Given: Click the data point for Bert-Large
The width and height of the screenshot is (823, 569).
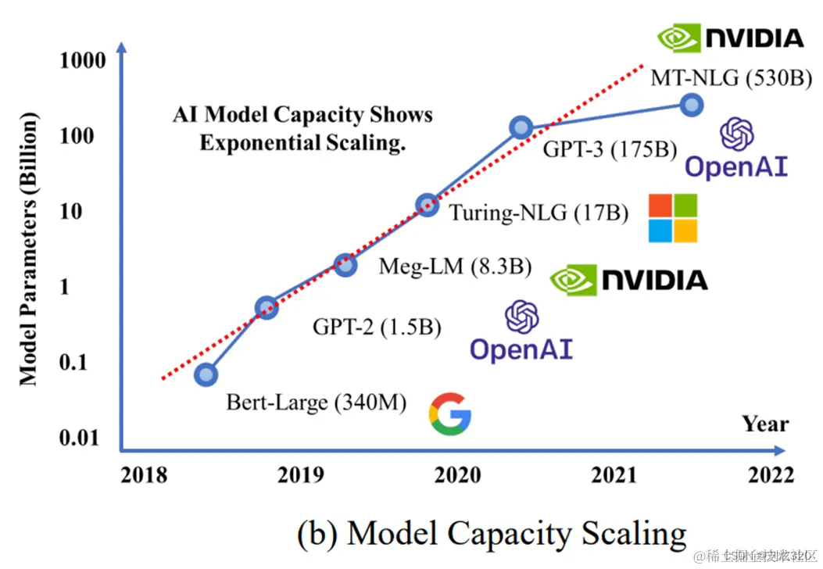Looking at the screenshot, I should (x=206, y=375).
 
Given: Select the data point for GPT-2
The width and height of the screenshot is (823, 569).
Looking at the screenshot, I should (x=267, y=307).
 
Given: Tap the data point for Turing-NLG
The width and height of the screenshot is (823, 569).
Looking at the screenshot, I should (x=427, y=206).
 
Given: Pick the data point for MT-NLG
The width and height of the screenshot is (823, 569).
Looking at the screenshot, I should (x=691, y=105).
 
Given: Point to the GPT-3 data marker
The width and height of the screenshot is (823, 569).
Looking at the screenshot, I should (x=521, y=127).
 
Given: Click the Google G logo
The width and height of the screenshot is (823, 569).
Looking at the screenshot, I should (x=450, y=414).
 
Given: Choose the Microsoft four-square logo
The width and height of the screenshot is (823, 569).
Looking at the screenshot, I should (x=673, y=218).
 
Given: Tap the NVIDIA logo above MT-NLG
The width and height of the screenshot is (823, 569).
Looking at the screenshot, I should (x=730, y=38).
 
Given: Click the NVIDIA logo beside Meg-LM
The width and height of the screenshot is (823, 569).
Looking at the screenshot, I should (x=628, y=280).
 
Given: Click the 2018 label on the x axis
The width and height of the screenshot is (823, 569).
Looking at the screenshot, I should (x=143, y=474).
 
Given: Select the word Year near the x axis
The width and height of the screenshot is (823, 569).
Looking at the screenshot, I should (x=765, y=424).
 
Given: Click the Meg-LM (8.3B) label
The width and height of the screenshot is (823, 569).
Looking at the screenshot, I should (x=455, y=267).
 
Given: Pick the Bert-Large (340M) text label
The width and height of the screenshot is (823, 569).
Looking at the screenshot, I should (x=317, y=403).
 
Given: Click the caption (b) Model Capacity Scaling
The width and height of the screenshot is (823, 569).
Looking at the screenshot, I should (x=492, y=534).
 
